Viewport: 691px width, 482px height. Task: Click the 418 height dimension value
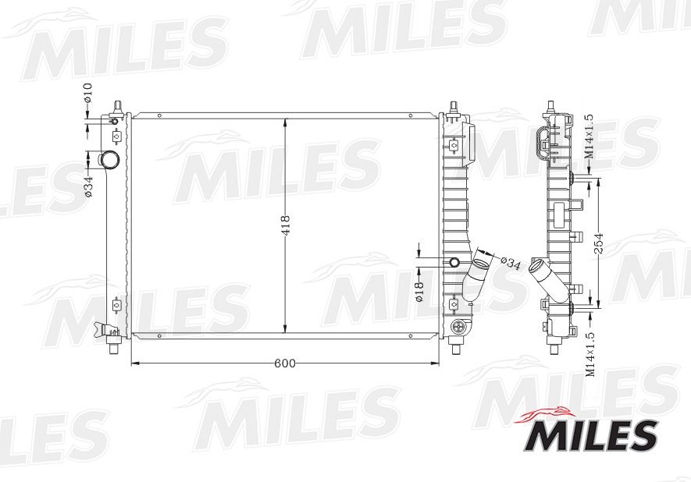pyautogui.click(x=286, y=225)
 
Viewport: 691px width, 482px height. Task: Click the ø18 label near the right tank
pyautogui.click(x=419, y=289)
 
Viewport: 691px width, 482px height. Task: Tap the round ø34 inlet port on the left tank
pyautogui.click(x=109, y=161)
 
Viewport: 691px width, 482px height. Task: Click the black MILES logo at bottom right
pyautogui.click(x=589, y=434)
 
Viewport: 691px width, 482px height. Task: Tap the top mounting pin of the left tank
pyautogui.click(x=117, y=105)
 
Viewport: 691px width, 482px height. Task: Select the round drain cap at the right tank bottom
pyautogui.click(x=458, y=328)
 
